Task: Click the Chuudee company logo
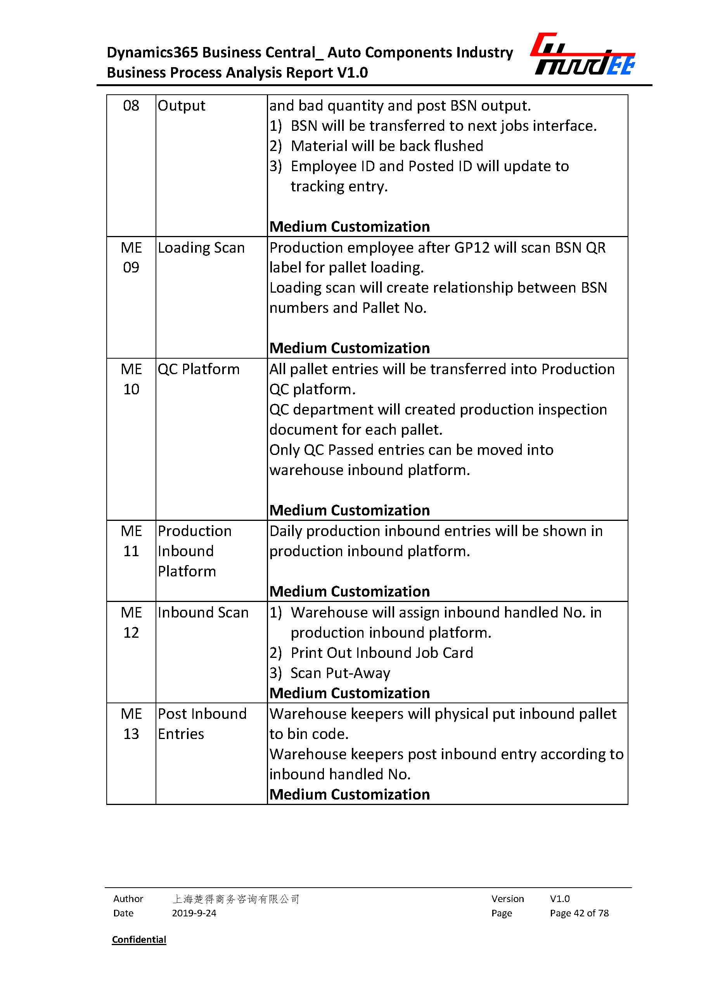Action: (583, 54)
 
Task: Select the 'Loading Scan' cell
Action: (201, 248)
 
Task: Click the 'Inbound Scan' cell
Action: (203, 612)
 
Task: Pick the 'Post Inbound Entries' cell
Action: (202, 723)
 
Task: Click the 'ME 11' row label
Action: (131, 541)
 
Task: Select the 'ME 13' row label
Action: (131, 723)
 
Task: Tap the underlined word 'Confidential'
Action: (139, 939)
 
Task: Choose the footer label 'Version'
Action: (507, 899)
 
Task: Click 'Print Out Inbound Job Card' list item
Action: (381, 652)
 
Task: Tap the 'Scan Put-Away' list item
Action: (340, 673)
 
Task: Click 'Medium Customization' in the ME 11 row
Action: (350, 591)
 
